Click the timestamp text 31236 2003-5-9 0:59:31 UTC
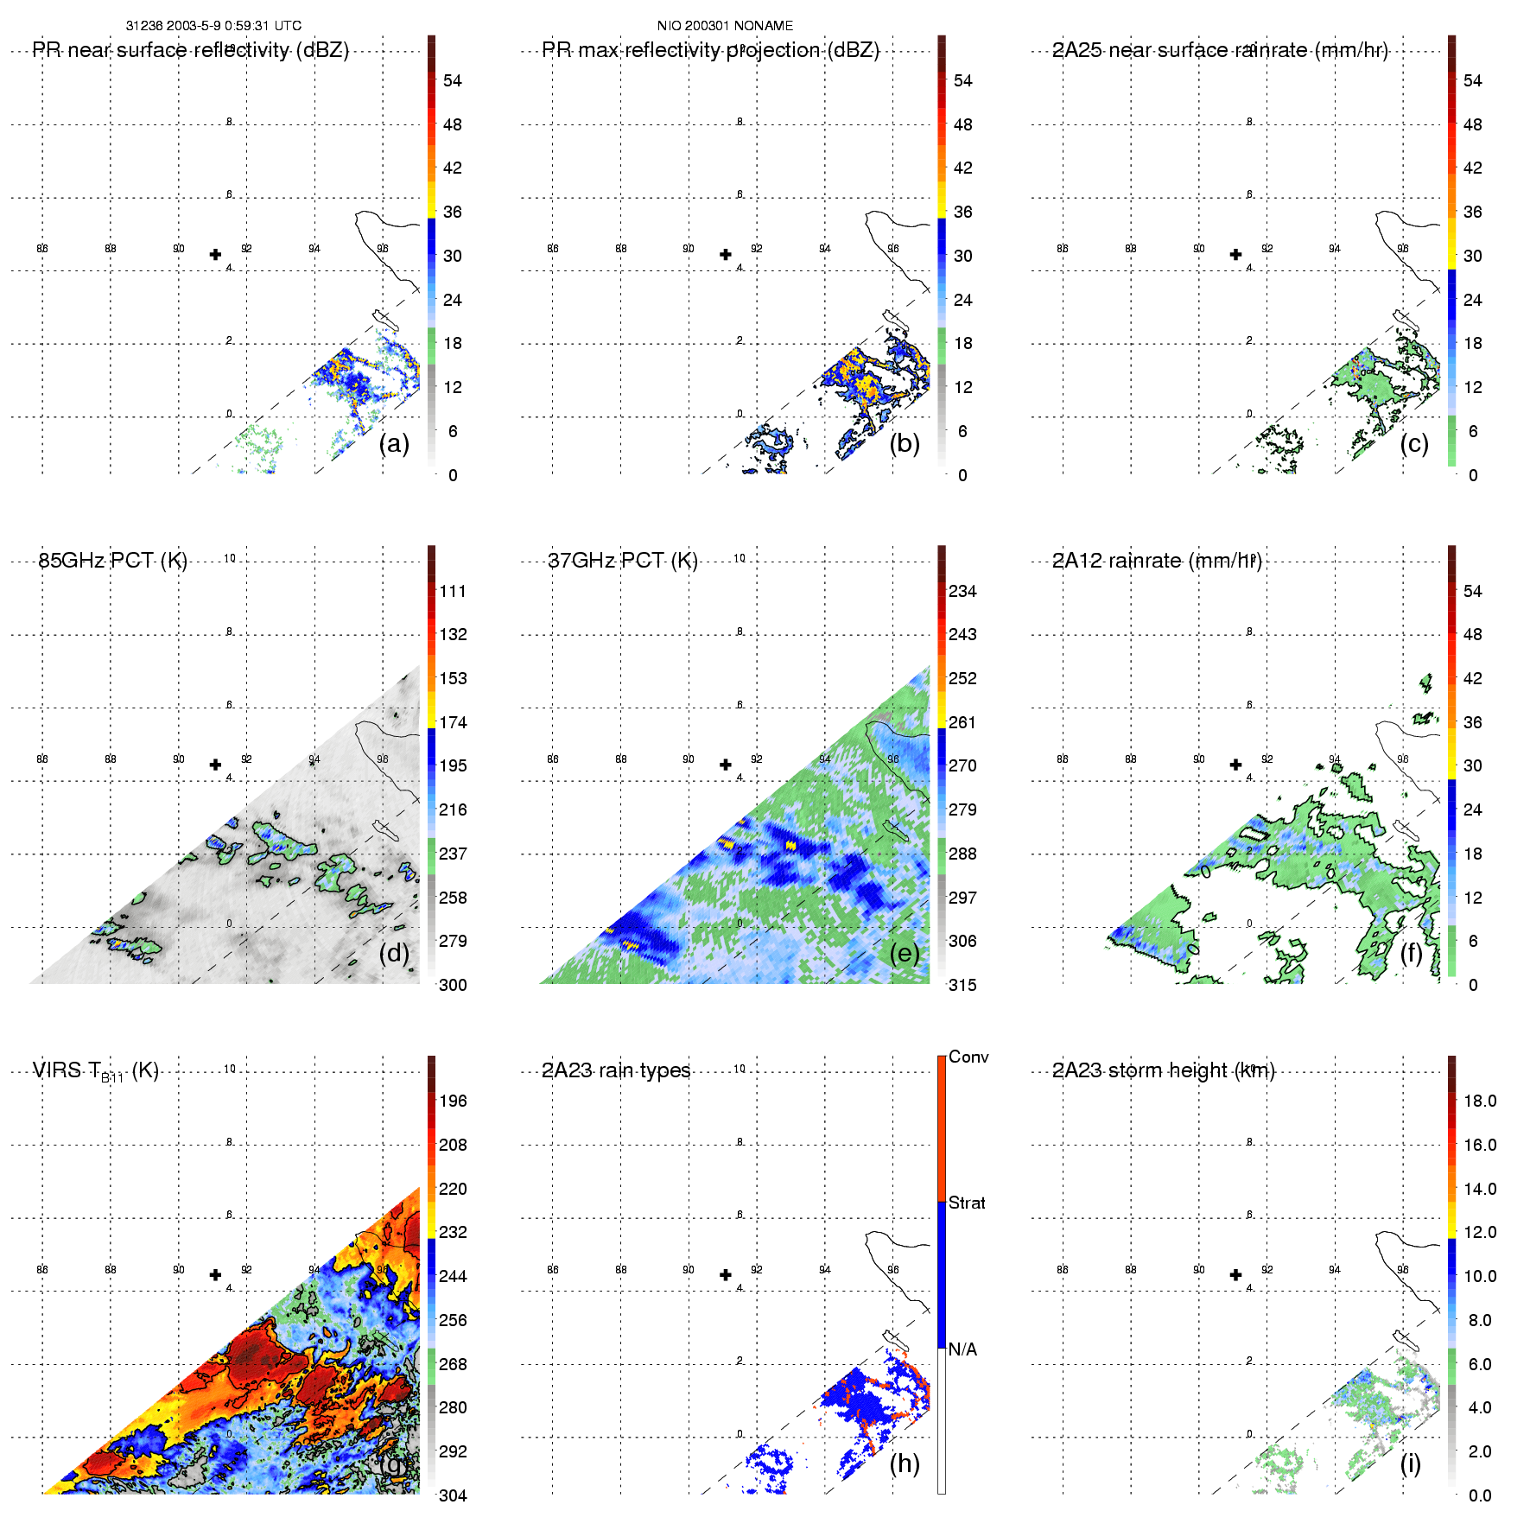(213, 26)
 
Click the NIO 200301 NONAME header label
(725, 26)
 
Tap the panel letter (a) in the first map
(394, 443)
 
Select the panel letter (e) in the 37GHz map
(905, 953)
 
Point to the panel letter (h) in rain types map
(905, 1463)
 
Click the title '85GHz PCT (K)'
(113, 561)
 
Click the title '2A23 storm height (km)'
(1163, 1070)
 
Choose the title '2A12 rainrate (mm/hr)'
(1157, 561)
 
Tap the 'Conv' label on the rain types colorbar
(968, 1057)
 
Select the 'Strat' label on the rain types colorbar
(967, 1203)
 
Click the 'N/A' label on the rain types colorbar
(962, 1349)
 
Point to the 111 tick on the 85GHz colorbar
(453, 591)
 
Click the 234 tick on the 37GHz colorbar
(962, 591)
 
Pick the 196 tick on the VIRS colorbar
(453, 1101)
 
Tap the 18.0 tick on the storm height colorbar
(1480, 1101)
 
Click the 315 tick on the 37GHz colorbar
(962, 985)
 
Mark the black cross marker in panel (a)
(215, 254)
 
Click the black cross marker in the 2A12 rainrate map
(1235, 765)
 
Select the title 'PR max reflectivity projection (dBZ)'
(710, 50)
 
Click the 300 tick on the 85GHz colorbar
(453, 985)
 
